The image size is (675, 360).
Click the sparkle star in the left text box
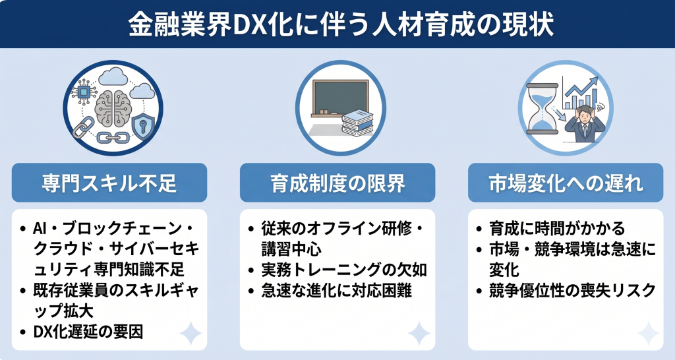pos(191,334)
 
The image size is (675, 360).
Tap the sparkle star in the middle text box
pos(419,334)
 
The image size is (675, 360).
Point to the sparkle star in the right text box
pos(647,334)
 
